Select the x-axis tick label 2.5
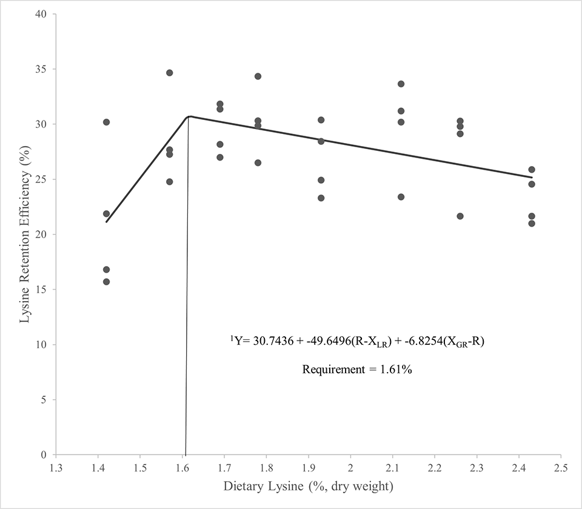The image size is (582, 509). pos(561,468)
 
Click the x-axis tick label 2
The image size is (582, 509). pos(350,468)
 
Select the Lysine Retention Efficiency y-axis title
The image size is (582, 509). pos(24,235)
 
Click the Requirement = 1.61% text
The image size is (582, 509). pos(358,369)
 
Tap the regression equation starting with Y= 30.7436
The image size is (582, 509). pos(358,342)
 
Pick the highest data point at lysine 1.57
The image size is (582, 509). pos(170,73)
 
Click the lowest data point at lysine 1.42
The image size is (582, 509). pos(107,282)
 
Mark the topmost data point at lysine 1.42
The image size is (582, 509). pos(107,122)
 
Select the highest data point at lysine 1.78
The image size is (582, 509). pos(258,76)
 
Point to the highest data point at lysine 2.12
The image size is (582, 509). pos(401,84)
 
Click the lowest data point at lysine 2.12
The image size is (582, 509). pos(401,197)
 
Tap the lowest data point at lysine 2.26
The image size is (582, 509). pos(460,216)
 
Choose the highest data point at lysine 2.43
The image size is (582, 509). pos(532,170)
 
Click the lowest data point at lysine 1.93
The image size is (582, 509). pos(321,198)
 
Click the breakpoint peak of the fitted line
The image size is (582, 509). pos(189,116)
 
